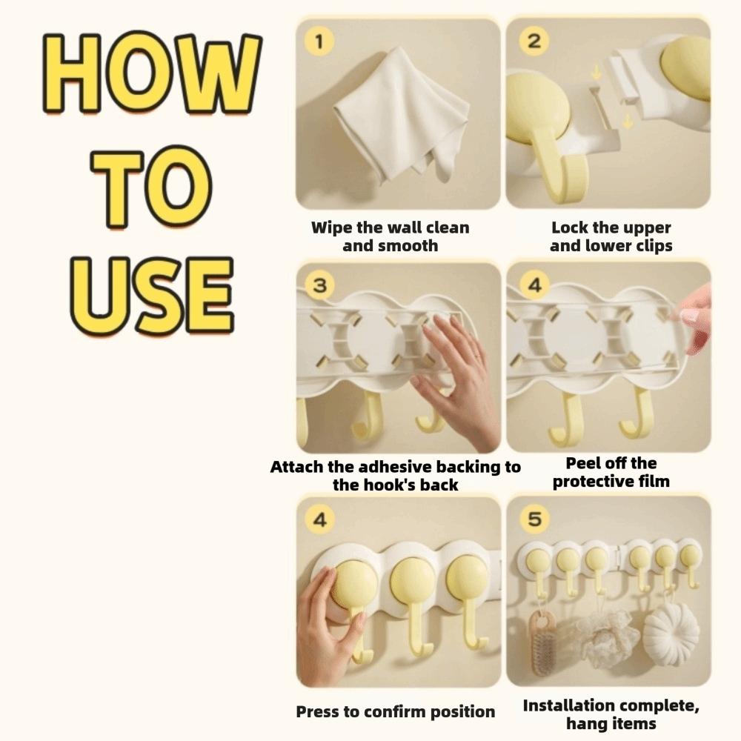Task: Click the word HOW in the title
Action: click(152, 73)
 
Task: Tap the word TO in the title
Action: click(151, 188)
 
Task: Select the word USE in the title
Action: click(152, 296)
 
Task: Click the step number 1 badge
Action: click(319, 41)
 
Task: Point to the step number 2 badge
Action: click(534, 41)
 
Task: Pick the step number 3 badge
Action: click(320, 285)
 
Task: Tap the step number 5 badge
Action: click(534, 519)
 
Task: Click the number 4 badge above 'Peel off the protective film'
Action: click(534, 285)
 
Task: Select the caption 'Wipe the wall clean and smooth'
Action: click(391, 236)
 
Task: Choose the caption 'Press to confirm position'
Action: click(396, 711)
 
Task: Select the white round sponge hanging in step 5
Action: click(671, 628)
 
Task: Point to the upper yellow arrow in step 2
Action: click(597, 72)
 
